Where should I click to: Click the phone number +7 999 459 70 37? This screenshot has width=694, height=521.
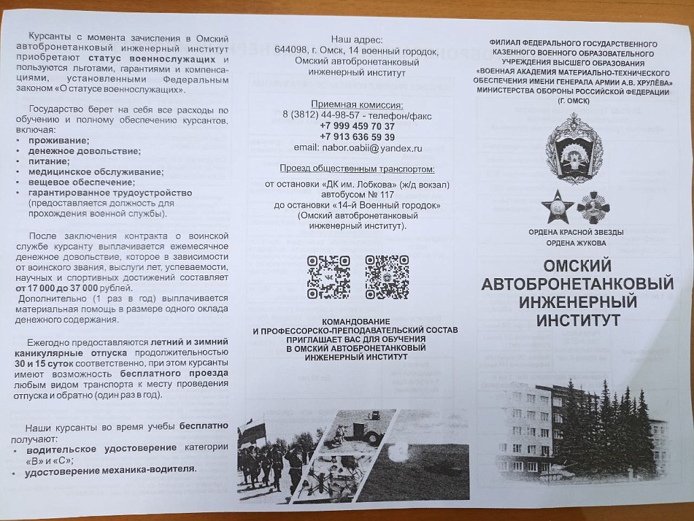coord(357,126)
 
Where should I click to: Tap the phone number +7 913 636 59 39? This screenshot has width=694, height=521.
coord(357,137)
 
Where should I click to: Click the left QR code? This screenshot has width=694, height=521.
coord(328,277)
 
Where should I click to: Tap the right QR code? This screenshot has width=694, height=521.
coord(387,277)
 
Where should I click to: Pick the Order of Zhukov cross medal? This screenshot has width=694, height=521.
coord(594,208)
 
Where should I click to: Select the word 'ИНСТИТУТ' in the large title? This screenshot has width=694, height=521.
coord(577,320)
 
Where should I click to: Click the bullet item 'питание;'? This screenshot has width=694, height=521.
coord(48,161)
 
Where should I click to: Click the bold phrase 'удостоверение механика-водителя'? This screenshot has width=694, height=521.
coord(110,469)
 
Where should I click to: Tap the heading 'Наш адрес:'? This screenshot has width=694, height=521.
coord(357,39)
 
